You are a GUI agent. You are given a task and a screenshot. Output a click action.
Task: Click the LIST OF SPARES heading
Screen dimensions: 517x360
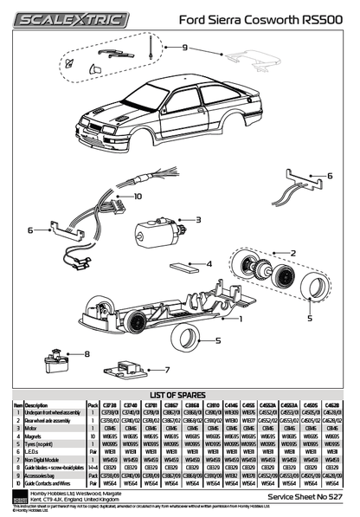(x=180, y=394)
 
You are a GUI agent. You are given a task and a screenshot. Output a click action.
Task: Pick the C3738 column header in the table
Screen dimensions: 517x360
(x=109, y=404)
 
